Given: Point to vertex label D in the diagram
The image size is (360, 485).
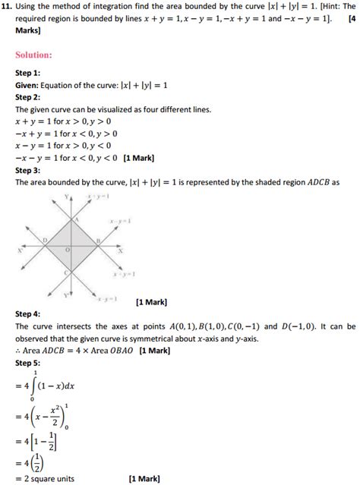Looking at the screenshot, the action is click(x=44, y=241).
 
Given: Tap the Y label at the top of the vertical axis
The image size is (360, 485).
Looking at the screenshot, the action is click(x=67, y=197).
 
